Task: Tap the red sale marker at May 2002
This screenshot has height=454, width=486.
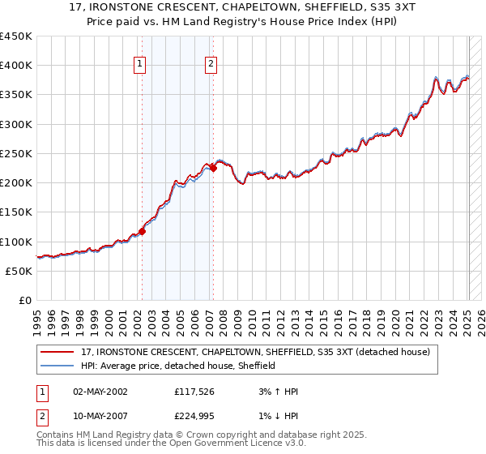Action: tap(142, 231)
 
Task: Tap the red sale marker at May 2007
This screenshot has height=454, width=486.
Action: tap(213, 169)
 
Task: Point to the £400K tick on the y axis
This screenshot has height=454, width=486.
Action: tap(16, 66)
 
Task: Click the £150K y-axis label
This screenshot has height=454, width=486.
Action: tap(16, 212)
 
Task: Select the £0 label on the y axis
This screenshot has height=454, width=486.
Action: tap(24, 300)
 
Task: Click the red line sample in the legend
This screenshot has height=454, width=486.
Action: tap(58, 351)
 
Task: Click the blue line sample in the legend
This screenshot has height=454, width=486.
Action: tap(58, 366)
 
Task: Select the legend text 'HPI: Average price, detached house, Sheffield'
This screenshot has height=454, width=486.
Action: tap(178, 366)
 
